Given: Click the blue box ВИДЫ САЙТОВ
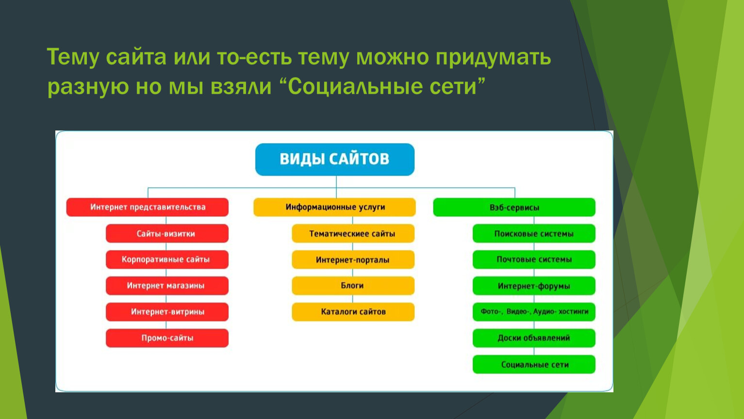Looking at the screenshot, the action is coord(335,160).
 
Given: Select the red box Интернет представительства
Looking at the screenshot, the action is coord(148,207).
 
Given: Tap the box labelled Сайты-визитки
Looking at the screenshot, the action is coord(167,233).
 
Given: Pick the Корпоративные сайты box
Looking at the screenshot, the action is coord(167,259).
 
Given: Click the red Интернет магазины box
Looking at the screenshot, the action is coord(167,286).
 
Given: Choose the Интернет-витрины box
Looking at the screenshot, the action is coord(167,312).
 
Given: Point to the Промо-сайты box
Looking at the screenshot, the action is coord(167,338).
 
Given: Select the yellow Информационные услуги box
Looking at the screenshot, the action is coord(334,207).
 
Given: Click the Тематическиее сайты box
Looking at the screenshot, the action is coord(353,233).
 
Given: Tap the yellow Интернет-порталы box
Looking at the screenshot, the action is coord(353,259).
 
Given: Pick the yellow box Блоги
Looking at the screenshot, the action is coord(353,286).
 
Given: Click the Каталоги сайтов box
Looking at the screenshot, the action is coord(353,312).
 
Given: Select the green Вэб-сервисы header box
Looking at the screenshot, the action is coord(514,207).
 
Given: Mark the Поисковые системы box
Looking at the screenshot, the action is coord(534,233).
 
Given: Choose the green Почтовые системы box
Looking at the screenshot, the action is coord(534,259).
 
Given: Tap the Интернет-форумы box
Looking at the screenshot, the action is coord(534,286).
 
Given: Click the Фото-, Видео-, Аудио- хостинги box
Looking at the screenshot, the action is coord(534,312).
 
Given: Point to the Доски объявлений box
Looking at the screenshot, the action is coord(534,338).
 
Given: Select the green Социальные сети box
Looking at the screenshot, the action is coord(534,364).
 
